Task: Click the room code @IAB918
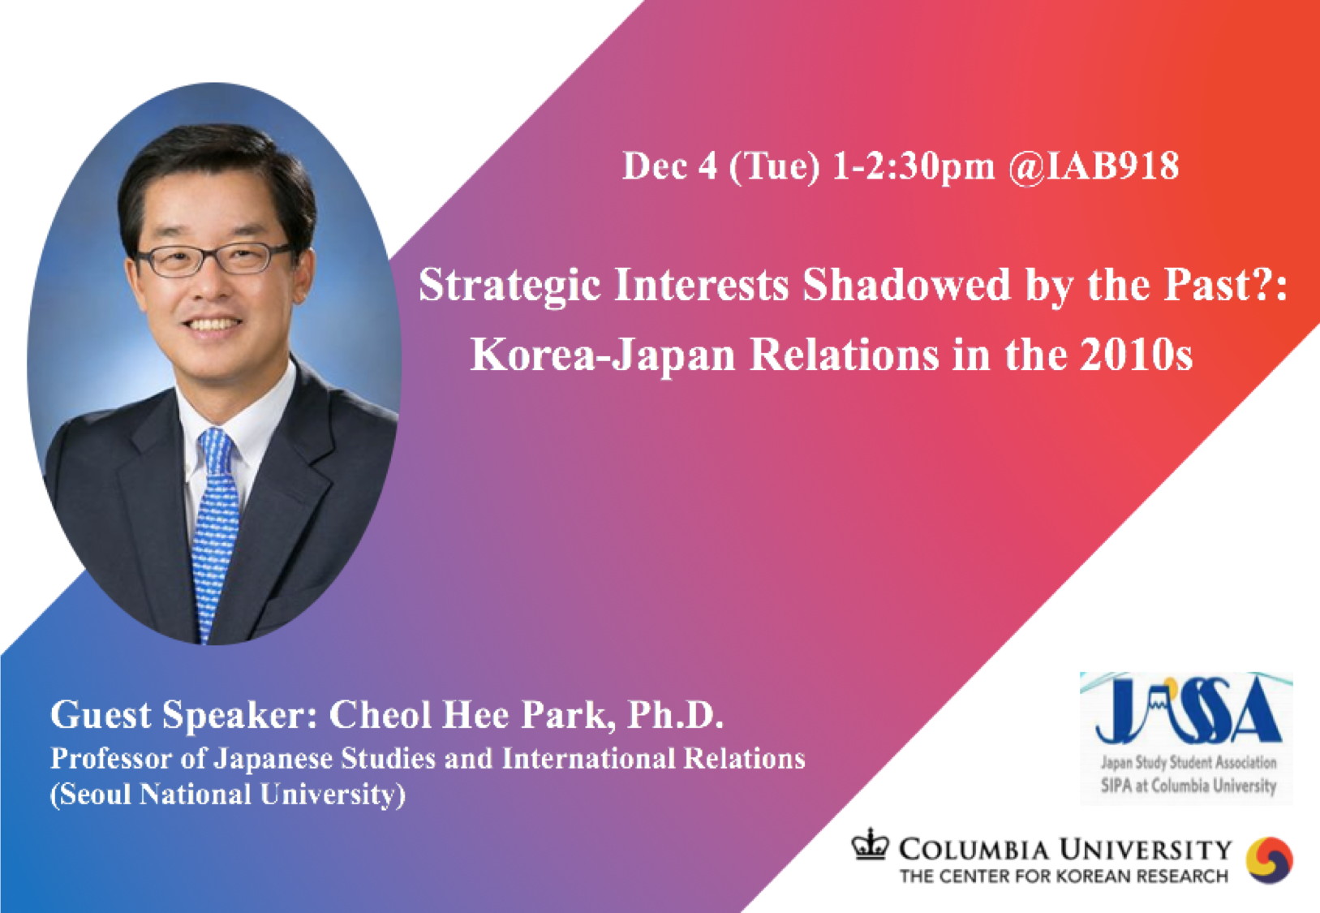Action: [x=1094, y=166]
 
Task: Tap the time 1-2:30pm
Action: [x=914, y=167]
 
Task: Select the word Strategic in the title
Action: [x=510, y=286]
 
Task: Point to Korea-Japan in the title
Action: [x=602, y=355]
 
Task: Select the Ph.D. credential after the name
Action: [x=675, y=714]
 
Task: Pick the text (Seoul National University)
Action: [x=227, y=795]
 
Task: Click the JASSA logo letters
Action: [x=1187, y=710]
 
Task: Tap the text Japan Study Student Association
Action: [x=1189, y=762]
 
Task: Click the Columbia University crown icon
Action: [x=870, y=845]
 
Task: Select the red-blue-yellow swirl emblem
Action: [x=1269, y=860]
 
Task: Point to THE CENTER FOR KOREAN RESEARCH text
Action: [x=1064, y=876]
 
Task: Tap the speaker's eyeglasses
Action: [x=214, y=260]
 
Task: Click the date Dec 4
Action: [x=670, y=166]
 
